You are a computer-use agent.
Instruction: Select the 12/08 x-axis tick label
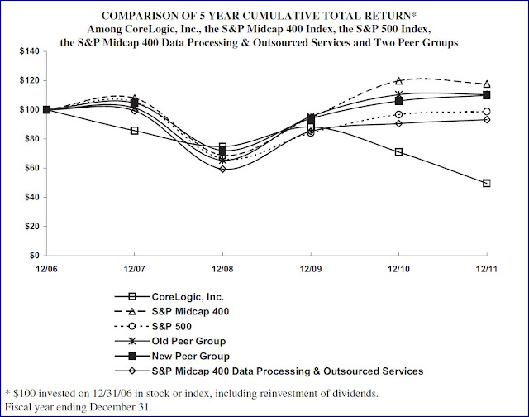tap(222, 268)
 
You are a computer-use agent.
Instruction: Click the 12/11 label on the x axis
tap(487, 268)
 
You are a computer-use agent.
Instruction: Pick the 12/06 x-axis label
tap(46, 268)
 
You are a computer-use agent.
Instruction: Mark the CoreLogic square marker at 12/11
tap(487, 183)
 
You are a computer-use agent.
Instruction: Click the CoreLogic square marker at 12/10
tap(399, 152)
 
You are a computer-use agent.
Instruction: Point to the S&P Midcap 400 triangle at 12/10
tap(399, 81)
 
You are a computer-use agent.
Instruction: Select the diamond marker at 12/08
tap(222, 169)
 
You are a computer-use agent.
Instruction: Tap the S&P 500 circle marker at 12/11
tap(487, 112)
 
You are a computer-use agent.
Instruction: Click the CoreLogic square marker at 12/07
tap(135, 131)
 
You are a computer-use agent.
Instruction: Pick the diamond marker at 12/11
tap(487, 119)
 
